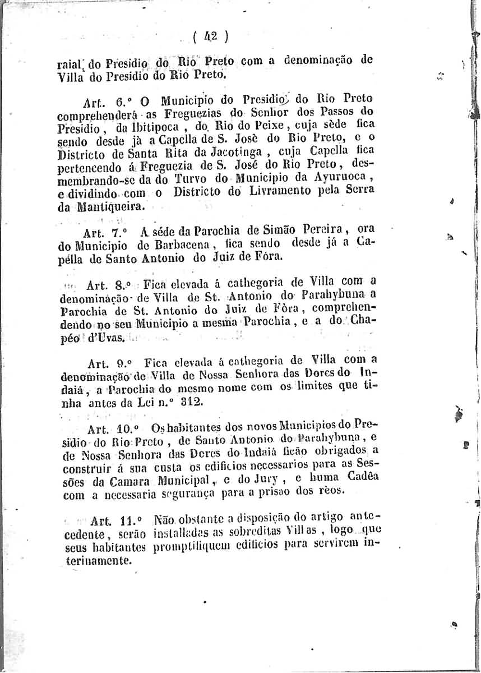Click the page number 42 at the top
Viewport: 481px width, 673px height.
210,38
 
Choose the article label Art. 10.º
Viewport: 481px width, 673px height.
109,428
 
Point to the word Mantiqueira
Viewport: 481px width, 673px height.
112,206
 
